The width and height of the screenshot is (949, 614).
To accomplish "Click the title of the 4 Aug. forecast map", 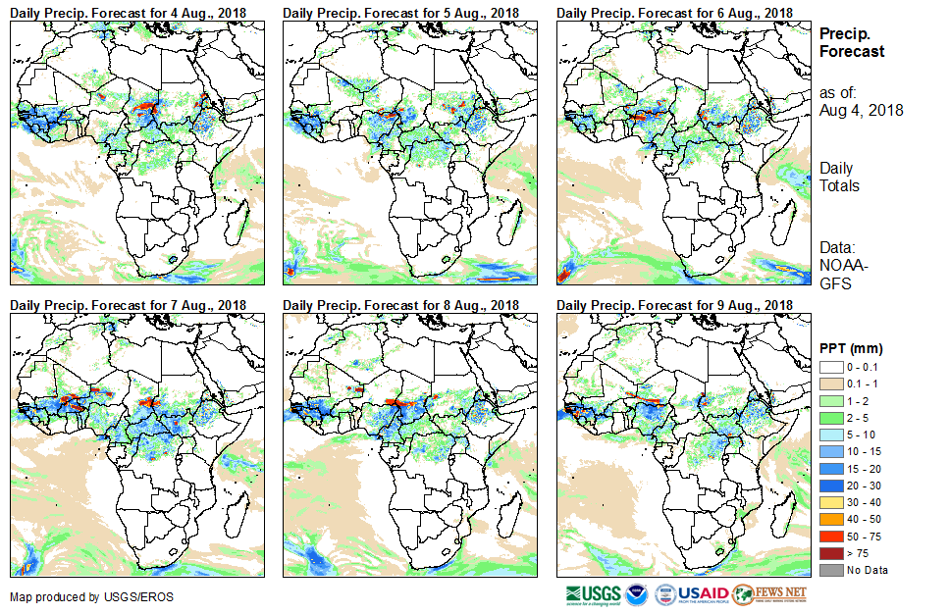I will click(129, 12).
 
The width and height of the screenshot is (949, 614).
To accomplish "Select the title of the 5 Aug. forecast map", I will click(401, 12).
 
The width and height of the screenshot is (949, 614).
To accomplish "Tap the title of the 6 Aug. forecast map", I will click(674, 12).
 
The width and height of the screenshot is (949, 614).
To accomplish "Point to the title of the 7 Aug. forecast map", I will click(129, 305).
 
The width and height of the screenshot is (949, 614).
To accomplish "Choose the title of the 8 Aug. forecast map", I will click(401, 305).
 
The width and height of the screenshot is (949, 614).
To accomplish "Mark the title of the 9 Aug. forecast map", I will click(674, 305).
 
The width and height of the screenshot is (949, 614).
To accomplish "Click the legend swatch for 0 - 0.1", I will click(829, 367).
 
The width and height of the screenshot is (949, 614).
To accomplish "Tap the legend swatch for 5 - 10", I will click(829, 434).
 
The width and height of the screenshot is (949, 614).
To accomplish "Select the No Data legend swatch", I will click(829, 570).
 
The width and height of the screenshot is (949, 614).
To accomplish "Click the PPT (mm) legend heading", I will click(851, 348).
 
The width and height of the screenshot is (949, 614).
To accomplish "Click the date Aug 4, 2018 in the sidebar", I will click(861, 111).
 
